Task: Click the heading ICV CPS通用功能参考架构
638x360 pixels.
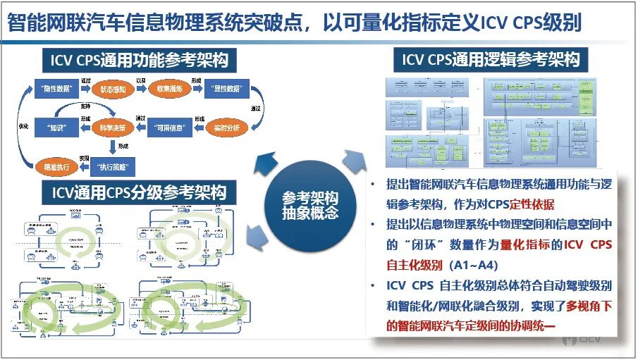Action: pyautogui.click(x=140, y=61)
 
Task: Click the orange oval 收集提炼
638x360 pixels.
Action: pyautogui.click(x=169, y=89)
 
